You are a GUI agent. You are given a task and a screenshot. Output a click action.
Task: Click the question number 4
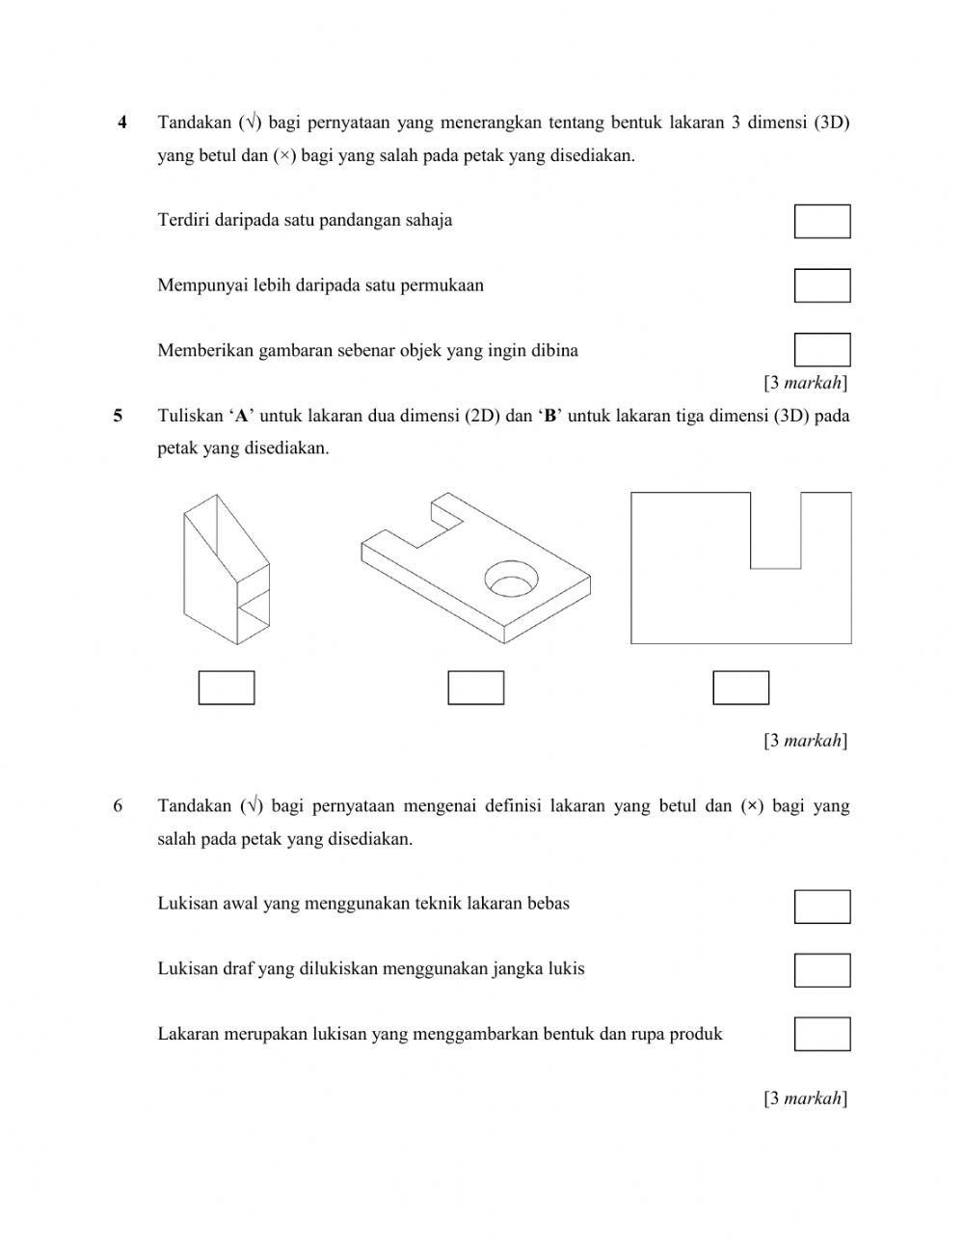[121, 122]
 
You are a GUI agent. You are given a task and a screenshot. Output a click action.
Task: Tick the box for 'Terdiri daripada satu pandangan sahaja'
[821, 221]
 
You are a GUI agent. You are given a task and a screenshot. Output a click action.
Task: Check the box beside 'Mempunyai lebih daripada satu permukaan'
[821, 285]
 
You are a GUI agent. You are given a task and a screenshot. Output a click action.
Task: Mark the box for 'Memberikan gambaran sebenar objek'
[821, 349]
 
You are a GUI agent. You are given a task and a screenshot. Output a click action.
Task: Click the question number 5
[118, 417]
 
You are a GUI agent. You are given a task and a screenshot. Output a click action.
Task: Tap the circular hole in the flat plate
[511, 579]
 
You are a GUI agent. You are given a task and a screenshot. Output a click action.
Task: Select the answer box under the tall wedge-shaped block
[227, 688]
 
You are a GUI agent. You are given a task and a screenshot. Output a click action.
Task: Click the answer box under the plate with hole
[476, 688]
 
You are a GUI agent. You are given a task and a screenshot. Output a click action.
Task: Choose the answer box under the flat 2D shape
[740, 688]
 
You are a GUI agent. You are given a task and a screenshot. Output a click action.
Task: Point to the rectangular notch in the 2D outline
[775, 529]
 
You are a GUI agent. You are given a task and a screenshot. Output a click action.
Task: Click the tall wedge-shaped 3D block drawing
[227, 569]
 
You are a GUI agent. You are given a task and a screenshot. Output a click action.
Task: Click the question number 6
[118, 806]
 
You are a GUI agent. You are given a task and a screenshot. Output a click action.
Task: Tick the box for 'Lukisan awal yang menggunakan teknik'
[821, 907]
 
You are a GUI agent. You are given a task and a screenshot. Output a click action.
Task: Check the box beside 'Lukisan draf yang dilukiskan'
[821, 970]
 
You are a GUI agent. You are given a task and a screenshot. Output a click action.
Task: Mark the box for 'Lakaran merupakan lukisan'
[821, 1034]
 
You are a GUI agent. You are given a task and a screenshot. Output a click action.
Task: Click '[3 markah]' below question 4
[805, 383]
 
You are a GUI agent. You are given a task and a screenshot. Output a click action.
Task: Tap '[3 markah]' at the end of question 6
[805, 1097]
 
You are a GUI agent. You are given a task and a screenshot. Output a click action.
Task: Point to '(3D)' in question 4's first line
[831, 122]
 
